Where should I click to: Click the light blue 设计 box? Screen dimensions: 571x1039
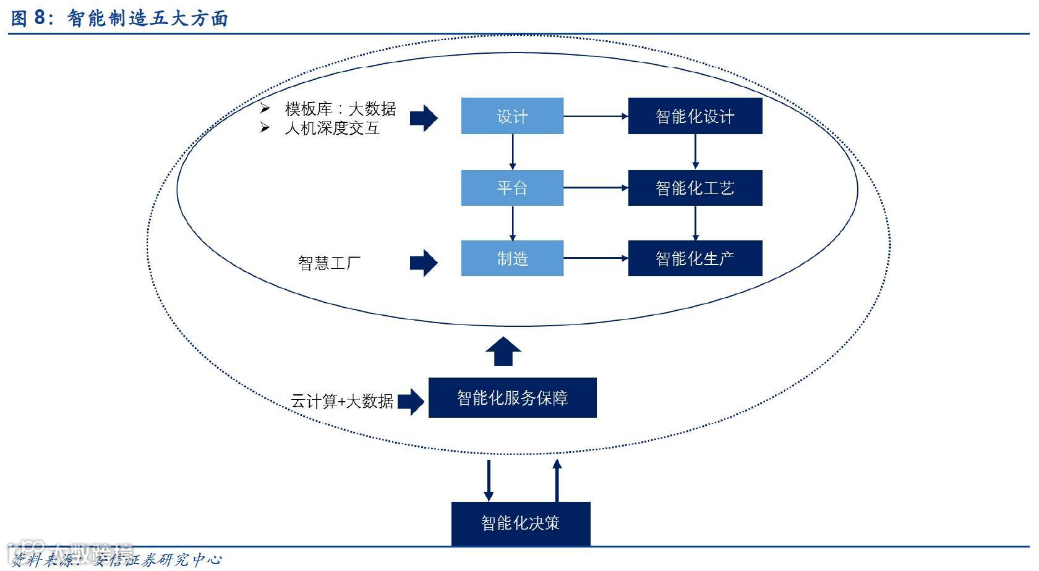click(512, 116)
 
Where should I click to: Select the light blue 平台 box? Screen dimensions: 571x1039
click(512, 188)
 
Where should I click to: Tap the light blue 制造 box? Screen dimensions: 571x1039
click(512, 258)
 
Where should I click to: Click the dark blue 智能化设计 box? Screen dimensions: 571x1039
click(695, 116)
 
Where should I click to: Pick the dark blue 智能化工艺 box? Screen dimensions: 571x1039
click(695, 188)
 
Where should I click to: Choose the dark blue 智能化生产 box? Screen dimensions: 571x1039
click(695, 258)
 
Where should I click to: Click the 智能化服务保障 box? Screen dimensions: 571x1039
click(512, 398)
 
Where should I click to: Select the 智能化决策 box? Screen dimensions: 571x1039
click(521, 523)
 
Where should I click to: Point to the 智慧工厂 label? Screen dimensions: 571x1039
click(329, 263)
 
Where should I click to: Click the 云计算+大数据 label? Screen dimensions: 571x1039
click(342, 402)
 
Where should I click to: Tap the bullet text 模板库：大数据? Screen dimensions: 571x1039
click(340, 109)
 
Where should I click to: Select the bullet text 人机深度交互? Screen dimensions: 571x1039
click(331, 129)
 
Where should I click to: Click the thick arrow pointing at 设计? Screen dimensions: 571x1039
click(424, 117)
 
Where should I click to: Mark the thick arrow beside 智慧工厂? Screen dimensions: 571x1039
click(424, 263)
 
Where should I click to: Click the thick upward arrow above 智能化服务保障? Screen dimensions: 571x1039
click(503, 351)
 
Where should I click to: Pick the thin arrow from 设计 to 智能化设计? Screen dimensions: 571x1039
click(596, 116)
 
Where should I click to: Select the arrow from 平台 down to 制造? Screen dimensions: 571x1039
click(512, 223)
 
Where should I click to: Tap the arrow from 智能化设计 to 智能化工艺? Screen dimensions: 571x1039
click(695, 151)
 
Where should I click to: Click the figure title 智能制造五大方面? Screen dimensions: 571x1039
click(147, 19)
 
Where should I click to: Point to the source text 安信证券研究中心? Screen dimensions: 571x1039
click(157, 560)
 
